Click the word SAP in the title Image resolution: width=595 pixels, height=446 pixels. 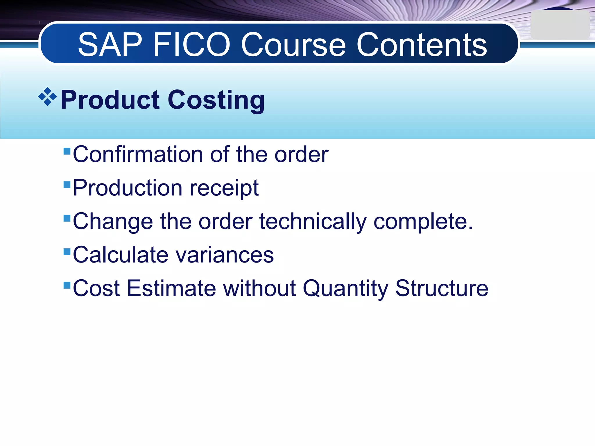click(110, 45)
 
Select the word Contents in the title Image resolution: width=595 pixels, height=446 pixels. click(422, 45)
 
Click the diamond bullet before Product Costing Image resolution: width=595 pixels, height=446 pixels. click(47, 97)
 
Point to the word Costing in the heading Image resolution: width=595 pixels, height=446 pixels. click(216, 100)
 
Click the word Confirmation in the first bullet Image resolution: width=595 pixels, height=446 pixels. click(138, 154)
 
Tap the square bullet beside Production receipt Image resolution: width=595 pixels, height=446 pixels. click(67, 185)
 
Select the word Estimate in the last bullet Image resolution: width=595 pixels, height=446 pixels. click(171, 288)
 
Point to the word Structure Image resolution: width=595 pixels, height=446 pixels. click(442, 288)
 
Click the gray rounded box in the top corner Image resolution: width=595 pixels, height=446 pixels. click(560, 25)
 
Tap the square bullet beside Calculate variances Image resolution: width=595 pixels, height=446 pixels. click(67, 251)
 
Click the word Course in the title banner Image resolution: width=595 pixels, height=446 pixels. click(293, 45)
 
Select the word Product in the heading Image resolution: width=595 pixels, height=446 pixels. click(110, 100)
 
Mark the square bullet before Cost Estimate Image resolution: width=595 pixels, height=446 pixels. click(67, 285)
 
